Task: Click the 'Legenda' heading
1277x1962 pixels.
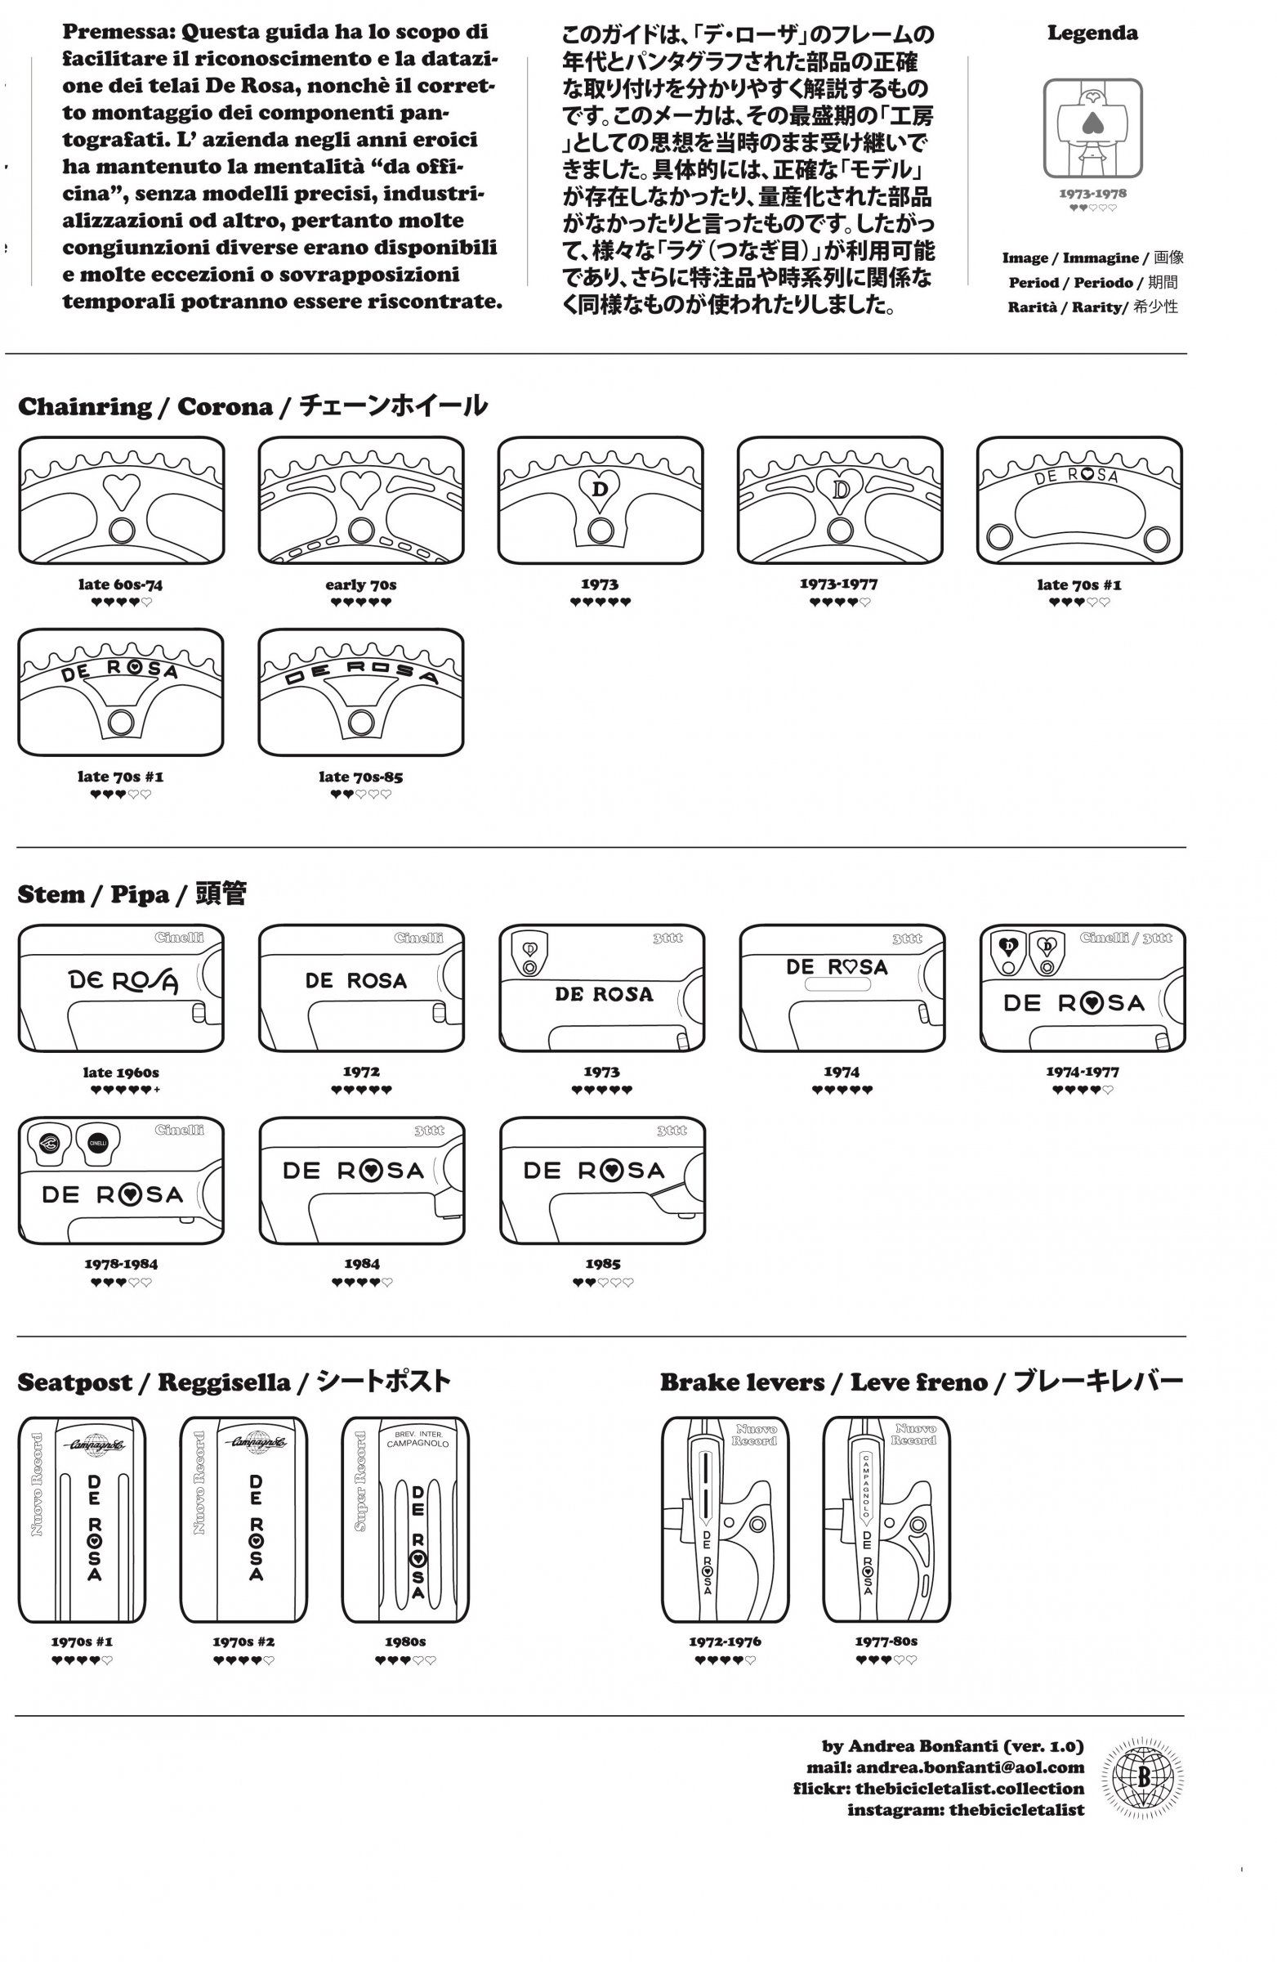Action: pyautogui.click(x=1092, y=34)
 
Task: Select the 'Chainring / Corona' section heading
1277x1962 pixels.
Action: pyautogui.click(x=252, y=406)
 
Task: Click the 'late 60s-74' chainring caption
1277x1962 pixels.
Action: pyautogui.click(x=120, y=585)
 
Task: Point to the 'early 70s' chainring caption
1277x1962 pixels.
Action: pyautogui.click(x=361, y=585)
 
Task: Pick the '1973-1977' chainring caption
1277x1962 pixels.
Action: pyautogui.click(x=839, y=584)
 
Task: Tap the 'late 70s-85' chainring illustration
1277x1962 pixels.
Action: pyautogui.click(x=361, y=692)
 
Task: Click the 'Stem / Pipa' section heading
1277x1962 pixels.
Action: pyautogui.click(x=132, y=894)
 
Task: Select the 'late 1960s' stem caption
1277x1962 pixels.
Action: pyautogui.click(x=120, y=1073)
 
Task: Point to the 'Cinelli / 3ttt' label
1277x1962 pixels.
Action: pyautogui.click(x=1125, y=938)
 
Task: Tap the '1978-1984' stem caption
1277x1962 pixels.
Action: pyautogui.click(x=121, y=1263)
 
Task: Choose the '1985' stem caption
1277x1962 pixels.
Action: pyautogui.click(x=603, y=1263)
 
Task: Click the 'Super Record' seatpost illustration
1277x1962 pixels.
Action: pyautogui.click(x=405, y=1521)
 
